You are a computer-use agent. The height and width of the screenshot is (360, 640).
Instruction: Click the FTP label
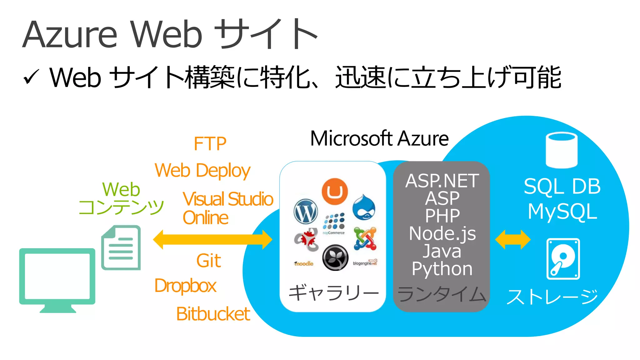pos(210,144)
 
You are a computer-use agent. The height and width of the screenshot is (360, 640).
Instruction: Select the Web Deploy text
pos(202,171)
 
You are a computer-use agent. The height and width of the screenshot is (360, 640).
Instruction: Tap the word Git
pos(208,261)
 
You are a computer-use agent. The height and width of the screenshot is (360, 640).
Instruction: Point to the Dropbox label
pos(185,286)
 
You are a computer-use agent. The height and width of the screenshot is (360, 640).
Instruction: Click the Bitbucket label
pos(213,314)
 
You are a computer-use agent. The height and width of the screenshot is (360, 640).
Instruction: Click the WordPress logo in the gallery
pos(306,212)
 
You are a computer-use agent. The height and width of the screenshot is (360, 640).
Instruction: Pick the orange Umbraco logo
pos(335,192)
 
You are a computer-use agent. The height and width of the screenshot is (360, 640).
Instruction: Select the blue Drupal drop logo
pos(364,207)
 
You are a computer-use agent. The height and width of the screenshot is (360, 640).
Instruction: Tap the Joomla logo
pos(365,239)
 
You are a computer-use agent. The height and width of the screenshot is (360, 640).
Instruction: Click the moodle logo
pos(303,264)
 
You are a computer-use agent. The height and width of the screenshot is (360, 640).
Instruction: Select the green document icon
pos(121,247)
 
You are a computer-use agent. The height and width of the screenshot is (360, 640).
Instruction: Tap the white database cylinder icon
pos(561,150)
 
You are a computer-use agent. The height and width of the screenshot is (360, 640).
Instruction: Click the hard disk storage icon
pos(563,259)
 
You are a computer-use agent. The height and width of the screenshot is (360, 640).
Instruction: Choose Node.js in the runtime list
pos(442,233)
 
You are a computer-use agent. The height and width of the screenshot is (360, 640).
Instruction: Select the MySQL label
pos(562,212)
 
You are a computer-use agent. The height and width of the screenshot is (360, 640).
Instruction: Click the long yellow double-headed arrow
pos(212,240)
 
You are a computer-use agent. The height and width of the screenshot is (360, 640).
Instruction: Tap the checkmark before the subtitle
pos(31,77)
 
